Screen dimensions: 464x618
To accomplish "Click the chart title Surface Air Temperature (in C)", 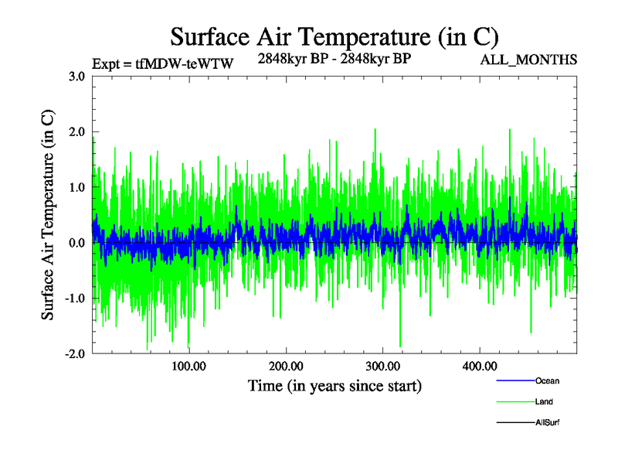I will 334,36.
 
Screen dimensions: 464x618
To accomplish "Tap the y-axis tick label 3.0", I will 76,77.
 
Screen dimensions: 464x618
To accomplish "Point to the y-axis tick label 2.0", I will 76,132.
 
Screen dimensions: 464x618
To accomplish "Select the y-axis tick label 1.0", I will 76,188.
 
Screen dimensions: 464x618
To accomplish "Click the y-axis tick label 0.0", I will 76,244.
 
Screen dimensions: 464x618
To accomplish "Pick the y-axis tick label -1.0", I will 73,299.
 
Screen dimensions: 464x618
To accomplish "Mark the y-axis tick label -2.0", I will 73,354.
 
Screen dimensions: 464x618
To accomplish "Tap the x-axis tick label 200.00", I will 286,366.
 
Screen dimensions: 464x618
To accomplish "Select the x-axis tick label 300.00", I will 382,366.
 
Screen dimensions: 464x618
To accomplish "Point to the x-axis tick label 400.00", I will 479,366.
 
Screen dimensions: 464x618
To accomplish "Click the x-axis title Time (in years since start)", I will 334,385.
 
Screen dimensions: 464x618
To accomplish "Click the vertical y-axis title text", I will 48,216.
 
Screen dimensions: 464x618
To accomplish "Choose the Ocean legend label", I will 547,381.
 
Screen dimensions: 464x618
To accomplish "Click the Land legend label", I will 544,402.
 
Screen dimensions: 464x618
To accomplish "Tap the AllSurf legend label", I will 548,423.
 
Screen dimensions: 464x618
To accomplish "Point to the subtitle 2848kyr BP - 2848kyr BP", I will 334,60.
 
